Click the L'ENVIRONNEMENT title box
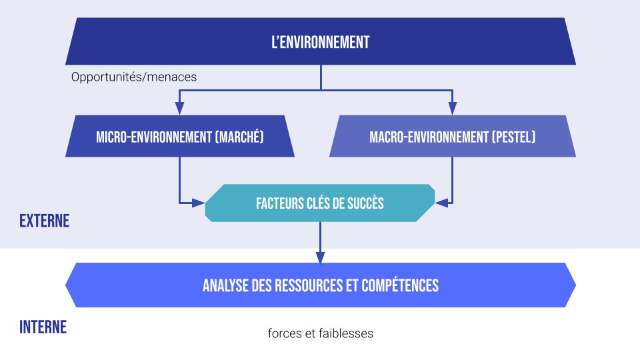click(x=320, y=42)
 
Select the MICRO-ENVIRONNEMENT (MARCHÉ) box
click(x=180, y=137)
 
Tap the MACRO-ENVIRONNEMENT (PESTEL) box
click(x=452, y=137)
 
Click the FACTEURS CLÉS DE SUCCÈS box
click(x=320, y=203)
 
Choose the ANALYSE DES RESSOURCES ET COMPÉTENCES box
click(x=320, y=285)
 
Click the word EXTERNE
click(x=44, y=221)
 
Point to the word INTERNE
click(x=43, y=327)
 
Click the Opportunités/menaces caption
click(x=134, y=77)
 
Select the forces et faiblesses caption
click(x=320, y=333)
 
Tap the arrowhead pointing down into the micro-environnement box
click(x=179, y=109)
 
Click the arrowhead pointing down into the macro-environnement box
click(x=452, y=109)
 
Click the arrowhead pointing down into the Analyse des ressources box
click(x=320, y=257)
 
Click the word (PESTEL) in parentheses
click(x=514, y=137)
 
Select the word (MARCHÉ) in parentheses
click(x=240, y=137)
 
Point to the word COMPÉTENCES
click(x=400, y=285)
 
